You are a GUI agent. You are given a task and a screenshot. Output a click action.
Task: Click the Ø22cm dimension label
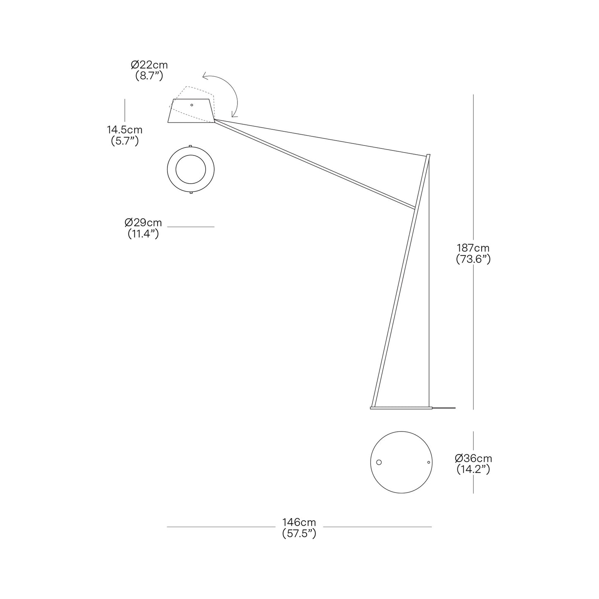click(x=149, y=65)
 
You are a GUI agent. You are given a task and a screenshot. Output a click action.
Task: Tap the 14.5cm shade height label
click(x=124, y=130)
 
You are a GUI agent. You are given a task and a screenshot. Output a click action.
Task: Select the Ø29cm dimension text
click(x=143, y=223)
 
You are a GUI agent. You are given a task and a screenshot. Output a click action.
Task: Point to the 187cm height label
click(x=473, y=248)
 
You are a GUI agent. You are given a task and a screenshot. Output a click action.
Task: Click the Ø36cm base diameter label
click(x=473, y=458)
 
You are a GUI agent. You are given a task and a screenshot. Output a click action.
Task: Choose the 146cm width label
click(x=299, y=522)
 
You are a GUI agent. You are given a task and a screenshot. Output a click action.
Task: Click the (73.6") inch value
click(x=473, y=259)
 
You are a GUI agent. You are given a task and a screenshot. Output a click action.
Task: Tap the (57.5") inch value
click(x=299, y=534)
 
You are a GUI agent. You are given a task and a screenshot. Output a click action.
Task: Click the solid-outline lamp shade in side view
click(x=191, y=113)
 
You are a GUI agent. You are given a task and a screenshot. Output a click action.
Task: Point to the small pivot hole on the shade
click(x=192, y=105)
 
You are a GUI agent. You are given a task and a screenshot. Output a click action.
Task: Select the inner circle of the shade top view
click(x=191, y=170)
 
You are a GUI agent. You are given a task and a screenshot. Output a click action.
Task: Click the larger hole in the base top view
click(x=378, y=462)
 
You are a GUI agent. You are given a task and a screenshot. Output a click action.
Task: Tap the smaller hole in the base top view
click(x=429, y=462)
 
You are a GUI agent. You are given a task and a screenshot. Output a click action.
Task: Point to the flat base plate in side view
click(x=400, y=408)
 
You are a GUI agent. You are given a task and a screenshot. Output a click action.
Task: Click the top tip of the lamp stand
click(x=428, y=155)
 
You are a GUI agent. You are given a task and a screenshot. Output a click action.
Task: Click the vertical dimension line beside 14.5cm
click(x=124, y=110)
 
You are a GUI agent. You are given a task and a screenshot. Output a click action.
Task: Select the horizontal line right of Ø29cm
click(x=191, y=227)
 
